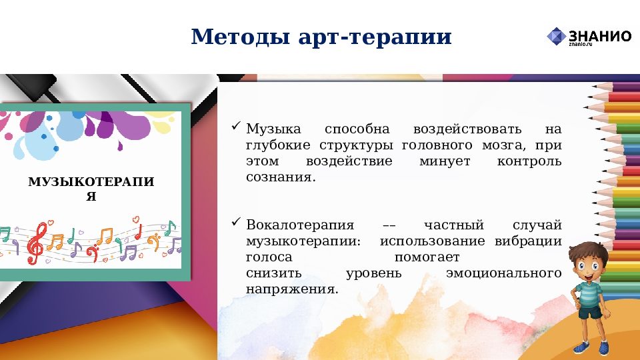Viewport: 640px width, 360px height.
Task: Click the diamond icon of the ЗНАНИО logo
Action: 556,37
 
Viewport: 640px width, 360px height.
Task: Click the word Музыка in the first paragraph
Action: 273,129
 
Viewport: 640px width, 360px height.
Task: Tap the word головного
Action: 441,145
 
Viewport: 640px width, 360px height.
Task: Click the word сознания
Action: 279,179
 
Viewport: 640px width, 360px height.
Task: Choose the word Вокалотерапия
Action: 299,225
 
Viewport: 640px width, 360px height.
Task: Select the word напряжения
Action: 292,290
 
